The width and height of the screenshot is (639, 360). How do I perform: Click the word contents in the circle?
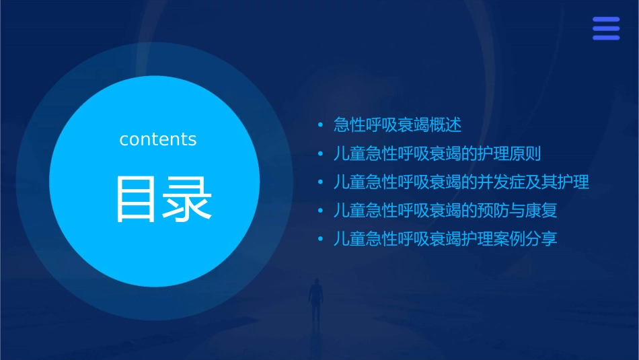point(158,139)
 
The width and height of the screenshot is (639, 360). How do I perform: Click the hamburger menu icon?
point(606,28)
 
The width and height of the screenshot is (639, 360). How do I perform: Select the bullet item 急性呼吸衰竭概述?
point(398,125)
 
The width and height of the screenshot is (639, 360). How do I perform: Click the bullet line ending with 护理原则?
point(437,154)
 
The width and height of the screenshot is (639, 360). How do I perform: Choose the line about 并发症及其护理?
point(461,182)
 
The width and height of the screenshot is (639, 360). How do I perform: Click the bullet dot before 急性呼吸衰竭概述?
point(321,125)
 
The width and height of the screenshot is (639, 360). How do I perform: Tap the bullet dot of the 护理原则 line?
point(321,154)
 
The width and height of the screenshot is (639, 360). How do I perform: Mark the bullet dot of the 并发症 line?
point(321,182)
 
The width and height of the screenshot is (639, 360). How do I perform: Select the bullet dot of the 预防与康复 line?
point(321,211)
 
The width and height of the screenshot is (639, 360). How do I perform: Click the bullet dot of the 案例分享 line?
point(321,239)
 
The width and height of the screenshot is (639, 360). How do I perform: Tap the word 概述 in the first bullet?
point(446,125)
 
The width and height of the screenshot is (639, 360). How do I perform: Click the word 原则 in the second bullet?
point(525,154)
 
